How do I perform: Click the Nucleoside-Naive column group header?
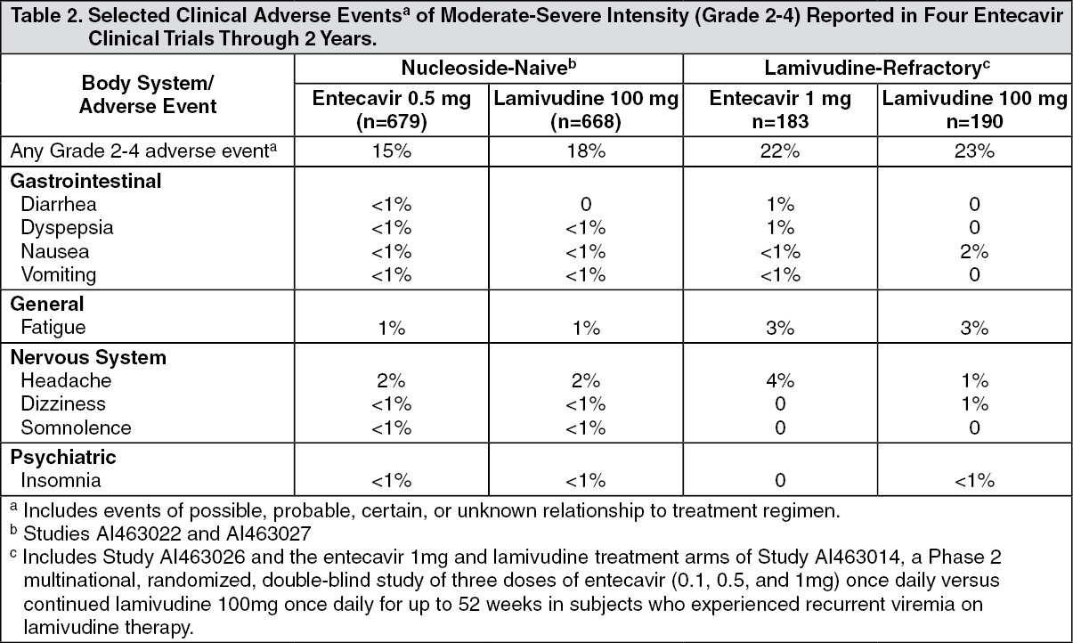(x=489, y=68)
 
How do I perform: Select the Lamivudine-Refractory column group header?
(x=877, y=68)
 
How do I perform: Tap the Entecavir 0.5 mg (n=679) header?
(x=392, y=110)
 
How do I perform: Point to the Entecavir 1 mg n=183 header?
(x=780, y=110)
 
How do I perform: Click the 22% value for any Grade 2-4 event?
(x=780, y=151)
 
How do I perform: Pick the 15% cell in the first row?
(x=392, y=151)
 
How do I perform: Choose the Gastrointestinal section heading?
(x=85, y=181)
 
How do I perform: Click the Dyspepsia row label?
(x=67, y=228)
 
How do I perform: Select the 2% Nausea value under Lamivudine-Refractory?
(x=974, y=251)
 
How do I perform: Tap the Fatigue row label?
(x=53, y=327)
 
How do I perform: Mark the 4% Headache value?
(x=780, y=381)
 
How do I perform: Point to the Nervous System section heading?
(x=88, y=357)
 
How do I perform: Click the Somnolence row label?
(x=76, y=427)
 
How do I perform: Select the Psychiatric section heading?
(x=62, y=457)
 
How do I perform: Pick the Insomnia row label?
(x=61, y=480)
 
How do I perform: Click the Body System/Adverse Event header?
(x=148, y=94)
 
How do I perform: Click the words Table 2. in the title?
(x=46, y=16)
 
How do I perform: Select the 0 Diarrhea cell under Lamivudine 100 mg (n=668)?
(x=586, y=205)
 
